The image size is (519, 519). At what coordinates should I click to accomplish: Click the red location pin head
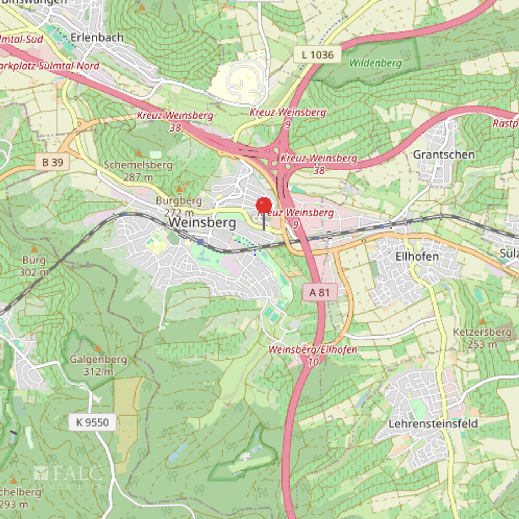(x=263, y=205)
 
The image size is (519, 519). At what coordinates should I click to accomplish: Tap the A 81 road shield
(x=319, y=292)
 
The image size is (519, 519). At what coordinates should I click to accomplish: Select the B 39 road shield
(x=53, y=163)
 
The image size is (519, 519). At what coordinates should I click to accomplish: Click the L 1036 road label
(x=318, y=55)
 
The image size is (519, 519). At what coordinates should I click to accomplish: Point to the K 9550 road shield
(x=92, y=422)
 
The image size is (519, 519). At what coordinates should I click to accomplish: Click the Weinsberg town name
(x=202, y=223)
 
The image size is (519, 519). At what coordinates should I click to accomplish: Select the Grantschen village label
(x=444, y=155)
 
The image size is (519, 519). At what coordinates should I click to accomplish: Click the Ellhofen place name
(x=417, y=256)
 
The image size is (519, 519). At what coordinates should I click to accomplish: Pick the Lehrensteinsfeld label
(x=433, y=423)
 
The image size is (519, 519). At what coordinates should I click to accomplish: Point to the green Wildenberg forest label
(x=375, y=63)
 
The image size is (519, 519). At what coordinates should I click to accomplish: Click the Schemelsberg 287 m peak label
(x=138, y=170)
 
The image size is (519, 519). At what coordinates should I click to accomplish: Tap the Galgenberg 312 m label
(x=98, y=365)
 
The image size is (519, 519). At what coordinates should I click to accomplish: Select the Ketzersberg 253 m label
(x=482, y=338)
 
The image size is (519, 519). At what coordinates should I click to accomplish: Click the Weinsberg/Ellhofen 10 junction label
(x=313, y=355)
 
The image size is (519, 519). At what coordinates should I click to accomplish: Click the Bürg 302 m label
(x=34, y=266)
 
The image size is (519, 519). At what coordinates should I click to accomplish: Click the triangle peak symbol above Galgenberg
(x=98, y=349)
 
